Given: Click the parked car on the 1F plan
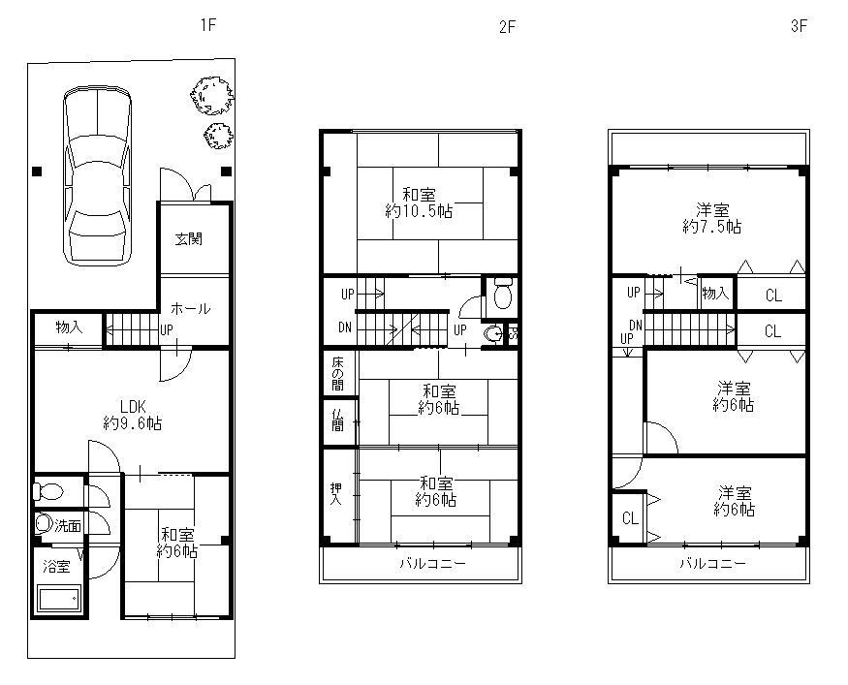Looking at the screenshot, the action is coord(97,175).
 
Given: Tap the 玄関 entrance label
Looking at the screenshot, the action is coord(188,238).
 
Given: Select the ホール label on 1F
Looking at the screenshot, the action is coord(190,309).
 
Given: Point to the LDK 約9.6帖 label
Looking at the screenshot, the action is coord(133,415).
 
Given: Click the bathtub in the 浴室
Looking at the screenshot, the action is coord(58,599).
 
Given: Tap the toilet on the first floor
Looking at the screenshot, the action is coord(47,492).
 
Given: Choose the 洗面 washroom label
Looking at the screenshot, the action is coord(68,525).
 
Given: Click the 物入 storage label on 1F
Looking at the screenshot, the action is coord(69,327).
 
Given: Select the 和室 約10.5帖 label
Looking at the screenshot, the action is coord(419,202).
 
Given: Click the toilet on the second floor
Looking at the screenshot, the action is coord(503,293).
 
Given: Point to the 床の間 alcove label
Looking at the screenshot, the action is coord(337,372).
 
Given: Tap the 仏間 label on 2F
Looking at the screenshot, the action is coord(337,419).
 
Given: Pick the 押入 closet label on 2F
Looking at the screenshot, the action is coord(336,493).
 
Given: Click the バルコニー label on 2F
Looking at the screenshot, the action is coord(432,564).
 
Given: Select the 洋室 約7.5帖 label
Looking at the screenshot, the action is coord(712,218).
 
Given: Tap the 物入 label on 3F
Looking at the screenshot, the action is coord(715,294).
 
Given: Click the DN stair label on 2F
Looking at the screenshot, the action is coord(345,327).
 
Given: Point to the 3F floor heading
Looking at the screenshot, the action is coord(799,26).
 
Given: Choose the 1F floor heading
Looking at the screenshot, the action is coord(208,25).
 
